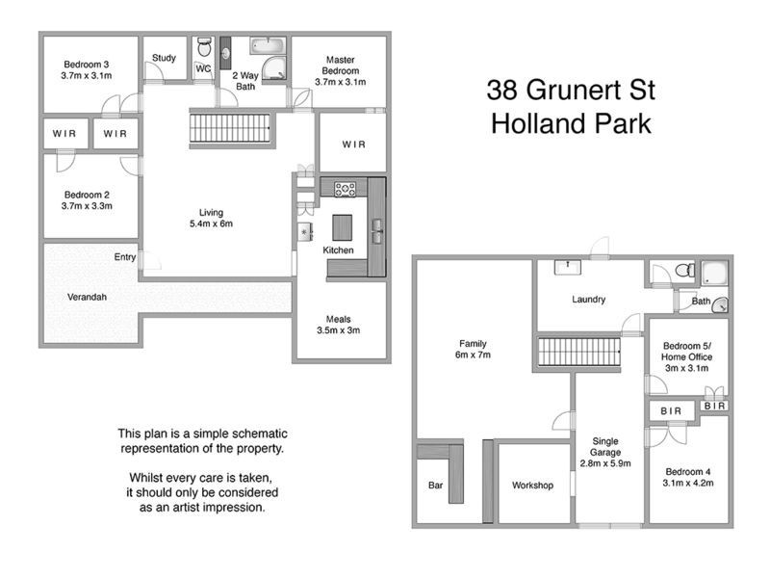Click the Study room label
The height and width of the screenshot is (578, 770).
pyautogui.click(x=165, y=58)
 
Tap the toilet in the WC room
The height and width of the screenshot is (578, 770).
pyautogui.click(x=203, y=48)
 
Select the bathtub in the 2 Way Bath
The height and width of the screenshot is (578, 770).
pyautogui.click(x=267, y=44)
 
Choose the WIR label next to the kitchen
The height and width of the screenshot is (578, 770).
pyautogui.click(x=353, y=144)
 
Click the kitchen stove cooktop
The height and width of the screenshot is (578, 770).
pyautogui.click(x=346, y=189)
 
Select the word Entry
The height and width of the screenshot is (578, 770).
pyautogui.click(x=125, y=257)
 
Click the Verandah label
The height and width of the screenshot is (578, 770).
pyautogui.click(x=88, y=297)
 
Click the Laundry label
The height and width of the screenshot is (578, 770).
pyautogui.click(x=588, y=300)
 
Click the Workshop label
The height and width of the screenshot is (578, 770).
pyautogui.click(x=532, y=486)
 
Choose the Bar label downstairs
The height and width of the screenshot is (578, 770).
pyautogui.click(x=435, y=486)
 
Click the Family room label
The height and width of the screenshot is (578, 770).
pyautogui.click(x=473, y=344)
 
